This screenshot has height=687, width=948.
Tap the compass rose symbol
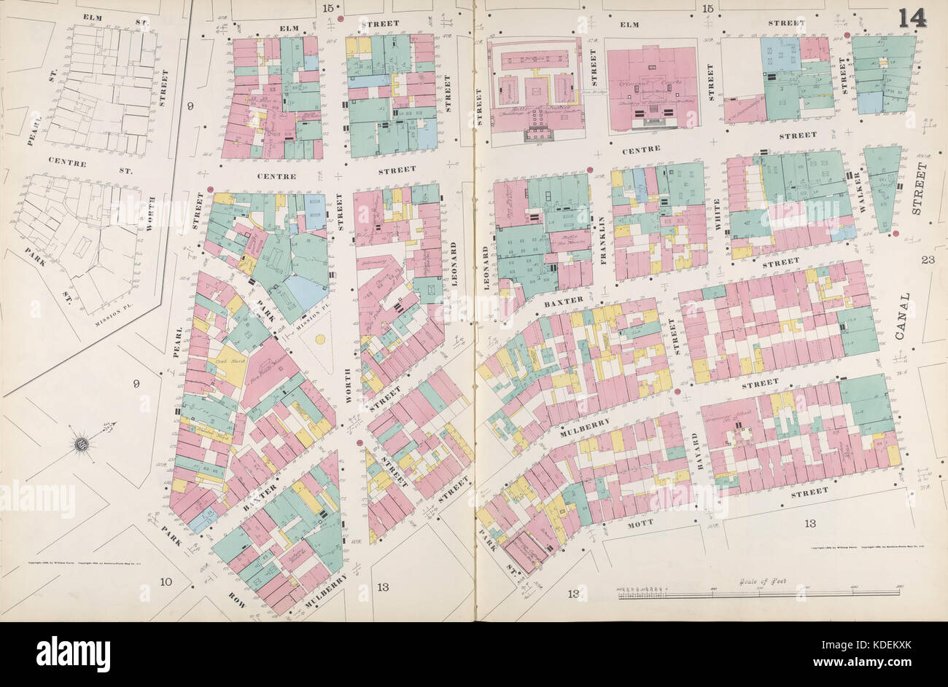click(x=82, y=443)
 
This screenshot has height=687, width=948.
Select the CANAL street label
click(x=904, y=318)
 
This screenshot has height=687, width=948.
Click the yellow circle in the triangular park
click(x=319, y=339)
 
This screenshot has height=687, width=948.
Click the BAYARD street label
click(x=695, y=450)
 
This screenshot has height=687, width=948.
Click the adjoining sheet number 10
click(x=166, y=581)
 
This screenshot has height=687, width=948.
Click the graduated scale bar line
click(x=758, y=594)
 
